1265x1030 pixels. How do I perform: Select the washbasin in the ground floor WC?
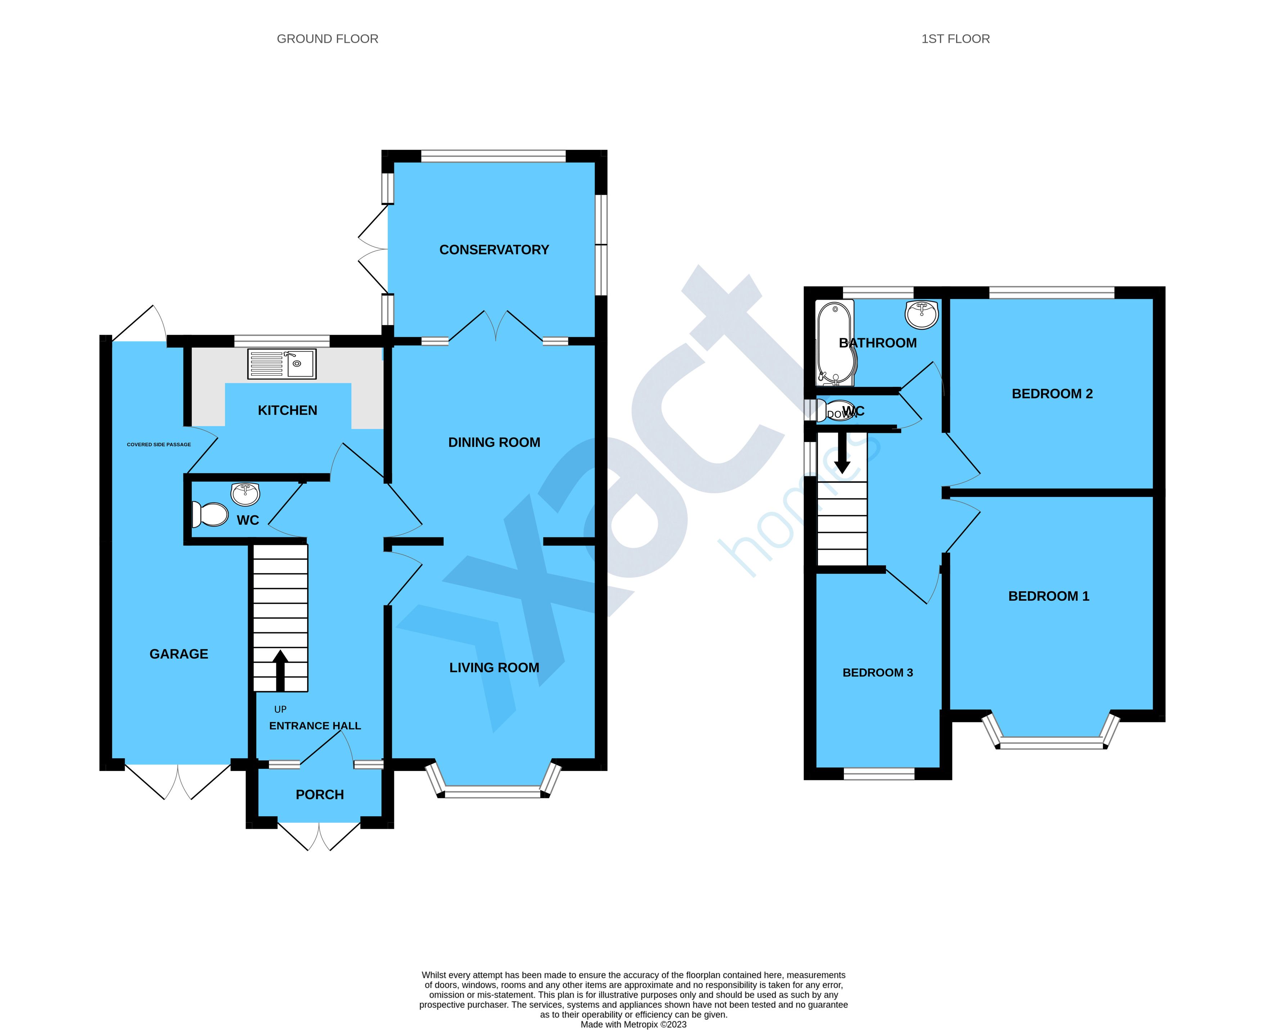click(x=245, y=492)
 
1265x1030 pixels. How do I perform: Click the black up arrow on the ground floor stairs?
click(x=280, y=670)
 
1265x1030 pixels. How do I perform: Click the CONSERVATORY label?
click(x=494, y=250)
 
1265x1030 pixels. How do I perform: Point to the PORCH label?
click(x=319, y=794)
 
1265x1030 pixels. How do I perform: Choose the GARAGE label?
click(x=179, y=654)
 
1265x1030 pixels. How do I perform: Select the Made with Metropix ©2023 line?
click(x=633, y=1024)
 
